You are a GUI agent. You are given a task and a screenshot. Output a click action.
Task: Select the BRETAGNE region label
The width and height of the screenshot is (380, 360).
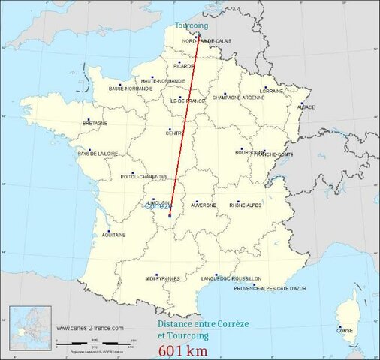point(95,123)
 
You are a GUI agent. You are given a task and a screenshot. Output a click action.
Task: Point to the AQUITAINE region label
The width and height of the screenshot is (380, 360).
point(113,235)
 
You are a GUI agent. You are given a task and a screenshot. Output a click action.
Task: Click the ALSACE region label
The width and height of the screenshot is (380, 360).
point(306,106)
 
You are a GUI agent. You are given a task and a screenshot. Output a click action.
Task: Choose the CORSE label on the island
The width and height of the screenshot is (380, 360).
point(345,330)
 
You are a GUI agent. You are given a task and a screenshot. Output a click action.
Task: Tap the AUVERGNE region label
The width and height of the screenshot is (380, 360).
point(204,205)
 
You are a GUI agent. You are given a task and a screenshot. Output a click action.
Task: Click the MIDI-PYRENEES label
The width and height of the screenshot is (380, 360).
point(163,278)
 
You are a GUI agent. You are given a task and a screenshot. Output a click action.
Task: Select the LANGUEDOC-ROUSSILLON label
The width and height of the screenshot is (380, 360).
point(232,278)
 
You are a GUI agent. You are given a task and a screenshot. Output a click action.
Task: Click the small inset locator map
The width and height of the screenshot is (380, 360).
point(29,328)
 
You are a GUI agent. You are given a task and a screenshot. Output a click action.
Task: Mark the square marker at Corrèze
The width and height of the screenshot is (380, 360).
point(170,217)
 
